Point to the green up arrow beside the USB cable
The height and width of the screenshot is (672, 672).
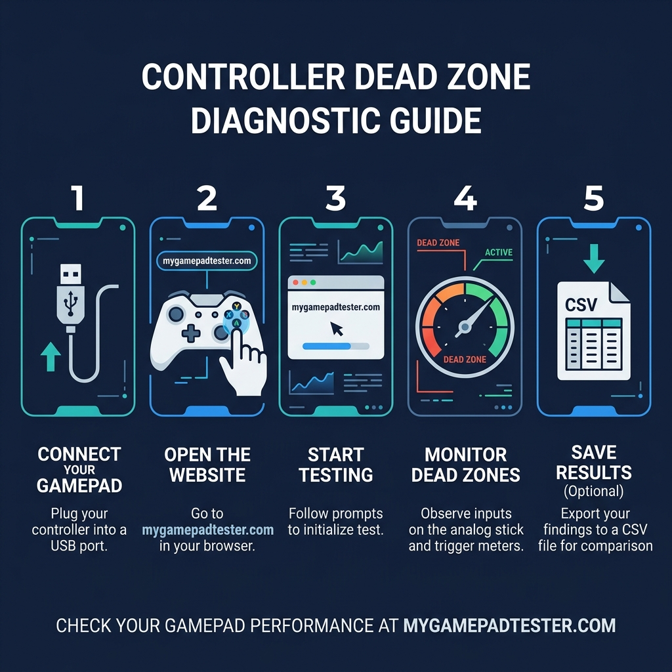click(51, 358)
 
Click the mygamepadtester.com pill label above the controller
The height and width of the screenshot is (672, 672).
click(207, 261)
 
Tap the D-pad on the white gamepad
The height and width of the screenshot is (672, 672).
click(191, 333)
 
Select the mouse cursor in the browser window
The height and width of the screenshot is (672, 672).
click(337, 328)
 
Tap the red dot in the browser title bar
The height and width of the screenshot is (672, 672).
click(295, 282)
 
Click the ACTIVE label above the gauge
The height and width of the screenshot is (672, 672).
click(499, 252)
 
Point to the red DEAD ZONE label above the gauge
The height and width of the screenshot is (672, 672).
click(438, 243)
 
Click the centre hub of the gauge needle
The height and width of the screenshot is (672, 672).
click(465, 326)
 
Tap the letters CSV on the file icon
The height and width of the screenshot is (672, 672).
click(581, 304)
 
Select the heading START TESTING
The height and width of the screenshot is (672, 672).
click(336, 465)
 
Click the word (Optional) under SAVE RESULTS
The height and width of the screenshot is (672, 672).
click(593, 492)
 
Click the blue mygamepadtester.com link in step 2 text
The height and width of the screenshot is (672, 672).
click(207, 530)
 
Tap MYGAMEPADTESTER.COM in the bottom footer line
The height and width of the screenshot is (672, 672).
click(509, 625)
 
